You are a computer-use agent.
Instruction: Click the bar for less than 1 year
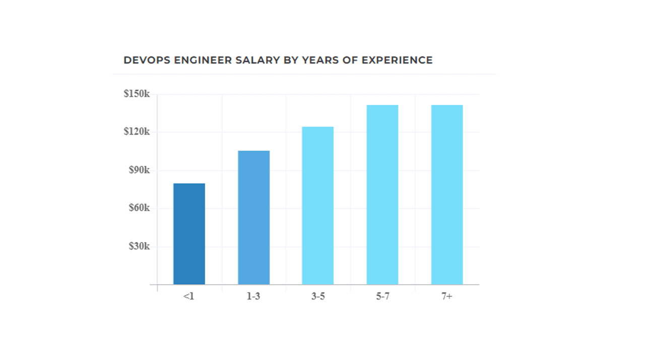pyautogui.click(x=189, y=234)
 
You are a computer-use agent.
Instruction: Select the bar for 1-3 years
pyautogui.click(x=253, y=217)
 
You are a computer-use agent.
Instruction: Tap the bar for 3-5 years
pyautogui.click(x=317, y=206)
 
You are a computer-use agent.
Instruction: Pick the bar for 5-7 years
pyautogui.click(x=382, y=195)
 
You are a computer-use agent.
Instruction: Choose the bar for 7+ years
pyautogui.click(x=446, y=195)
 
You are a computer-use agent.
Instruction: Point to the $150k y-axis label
pyautogui.click(x=137, y=94)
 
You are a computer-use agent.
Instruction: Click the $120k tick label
pyautogui.click(x=137, y=132)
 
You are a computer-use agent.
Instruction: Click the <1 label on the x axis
pyautogui.click(x=188, y=296)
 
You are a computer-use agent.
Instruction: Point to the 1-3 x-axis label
pyautogui.click(x=253, y=296)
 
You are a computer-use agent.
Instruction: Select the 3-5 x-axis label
pyautogui.click(x=318, y=296)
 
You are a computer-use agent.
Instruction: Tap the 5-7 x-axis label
pyautogui.click(x=382, y=296)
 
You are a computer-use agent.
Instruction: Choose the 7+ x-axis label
pyautogui.click(x=446, y=296)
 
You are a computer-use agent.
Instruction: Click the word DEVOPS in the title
pyautogui.click(x=147, y=60)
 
